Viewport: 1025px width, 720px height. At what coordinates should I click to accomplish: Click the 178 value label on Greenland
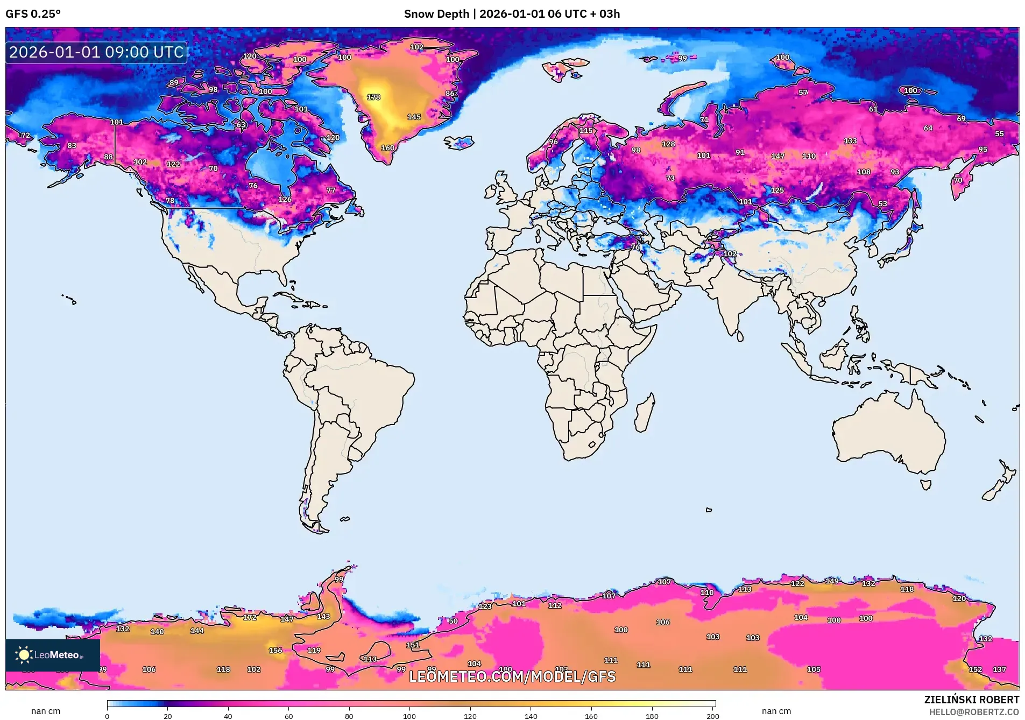pyautogui.click(x=373, y=97)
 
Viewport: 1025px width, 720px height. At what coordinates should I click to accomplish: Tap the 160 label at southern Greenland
pyautogui.click(x=387, y=148)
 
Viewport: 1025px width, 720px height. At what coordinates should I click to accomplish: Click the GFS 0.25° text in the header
pyautogui.click(x=33, y=14)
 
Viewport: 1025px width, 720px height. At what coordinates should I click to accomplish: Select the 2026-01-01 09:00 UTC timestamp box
pyautogui.click(x=96, y=52)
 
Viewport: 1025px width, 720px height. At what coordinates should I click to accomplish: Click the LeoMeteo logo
pyautogui.click(x=52, y=655)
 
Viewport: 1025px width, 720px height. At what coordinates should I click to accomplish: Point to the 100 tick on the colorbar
pyautogui.click(x=409, y=716)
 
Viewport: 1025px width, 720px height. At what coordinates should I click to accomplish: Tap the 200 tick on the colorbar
pyautogui.click(x=712, y=716)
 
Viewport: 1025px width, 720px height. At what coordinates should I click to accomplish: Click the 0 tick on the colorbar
pyautogui.click(x=107, y=716)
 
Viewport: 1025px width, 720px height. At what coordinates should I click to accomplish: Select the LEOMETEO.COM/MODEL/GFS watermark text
pyautogui.click(x=512, y=676)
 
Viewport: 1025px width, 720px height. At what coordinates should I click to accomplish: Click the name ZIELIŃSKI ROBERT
pyautogui.click(x=971, y=700)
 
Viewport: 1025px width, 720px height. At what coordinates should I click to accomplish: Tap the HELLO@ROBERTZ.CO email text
pyautogui.click(x=974, y=712)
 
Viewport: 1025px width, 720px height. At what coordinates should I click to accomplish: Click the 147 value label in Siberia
pyautogui.click(x=777, y=156)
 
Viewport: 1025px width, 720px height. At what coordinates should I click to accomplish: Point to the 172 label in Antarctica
pyautogui.click(x=250, y=617)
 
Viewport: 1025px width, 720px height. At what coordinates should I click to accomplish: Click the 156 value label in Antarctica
pyautogui.click(x=275, y=650)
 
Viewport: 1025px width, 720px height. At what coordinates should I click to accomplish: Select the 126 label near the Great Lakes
pyautogui.click(x=285, y=199)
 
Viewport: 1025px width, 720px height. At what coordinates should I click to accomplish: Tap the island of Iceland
pyautogui.click(x=459, y=143)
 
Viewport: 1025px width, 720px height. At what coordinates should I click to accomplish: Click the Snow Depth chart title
pyautogui.click(x=512, y=14)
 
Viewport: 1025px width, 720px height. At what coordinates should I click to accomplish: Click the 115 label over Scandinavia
pyautogui.click(x=586, y=131)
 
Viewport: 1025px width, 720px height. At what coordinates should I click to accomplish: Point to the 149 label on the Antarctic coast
pyautogui.click(x=832, y=581)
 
